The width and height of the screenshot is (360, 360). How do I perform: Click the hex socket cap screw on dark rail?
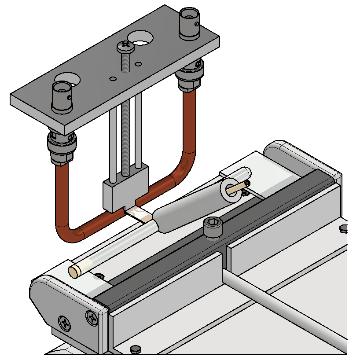(213, 228)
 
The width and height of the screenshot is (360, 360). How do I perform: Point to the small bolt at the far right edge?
(344, 228)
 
